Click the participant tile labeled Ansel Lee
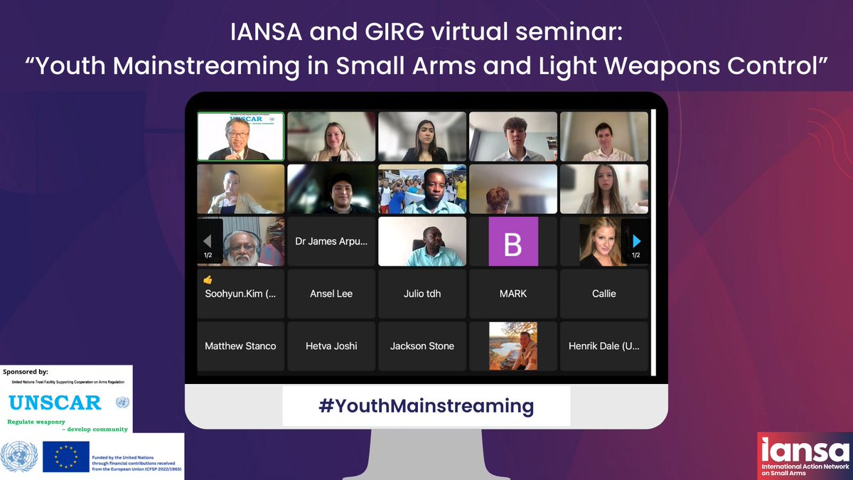click(331, 294)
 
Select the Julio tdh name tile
click(422, 294)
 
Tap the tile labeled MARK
click(513, 294)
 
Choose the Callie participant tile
click(604, 294)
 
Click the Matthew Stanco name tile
click(240, 346)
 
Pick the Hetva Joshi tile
click(331, 346)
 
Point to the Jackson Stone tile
click(422, 346)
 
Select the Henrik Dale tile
click(604, 346)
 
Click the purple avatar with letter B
click(513, 242)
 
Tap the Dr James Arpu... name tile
click(331, 242)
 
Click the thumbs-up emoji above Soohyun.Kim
click(208, 280)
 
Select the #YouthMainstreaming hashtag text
click(426, 406)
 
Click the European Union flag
click(65, 457)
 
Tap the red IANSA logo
click(803, 456)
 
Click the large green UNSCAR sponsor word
click(55, 402)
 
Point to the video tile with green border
click(240, 137)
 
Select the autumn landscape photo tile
click(513, 346)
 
